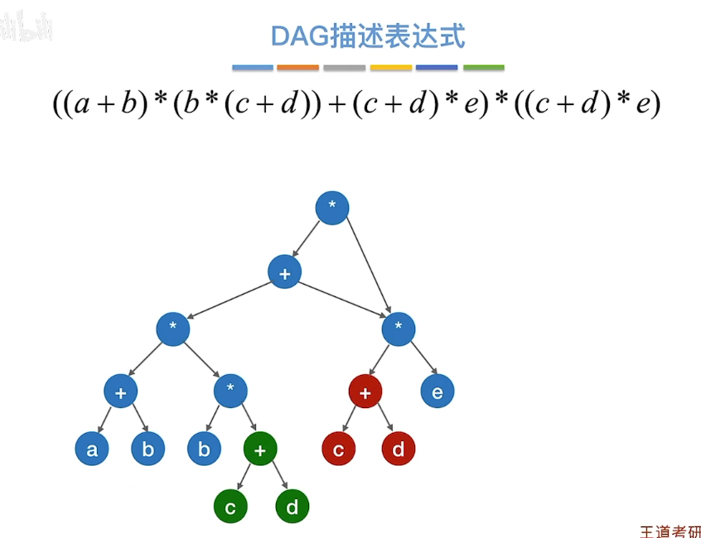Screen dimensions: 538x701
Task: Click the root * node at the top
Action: (331, 207)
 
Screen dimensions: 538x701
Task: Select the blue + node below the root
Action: (284, 272)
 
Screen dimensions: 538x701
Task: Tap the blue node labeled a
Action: (91, 449)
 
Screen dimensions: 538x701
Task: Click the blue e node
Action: (437, 391)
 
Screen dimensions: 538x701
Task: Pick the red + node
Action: (365, 391)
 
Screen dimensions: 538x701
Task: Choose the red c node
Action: (338, 449)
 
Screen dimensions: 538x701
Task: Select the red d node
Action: (398, 449)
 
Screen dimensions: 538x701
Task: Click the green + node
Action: (259, 449)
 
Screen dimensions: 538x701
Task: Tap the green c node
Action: (230, 507)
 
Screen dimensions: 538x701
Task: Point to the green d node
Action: (292, 507)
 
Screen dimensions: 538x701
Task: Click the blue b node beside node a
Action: (147, 449)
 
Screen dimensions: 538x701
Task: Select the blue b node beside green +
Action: (204, 449)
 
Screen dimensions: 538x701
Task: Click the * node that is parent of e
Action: (398, 328)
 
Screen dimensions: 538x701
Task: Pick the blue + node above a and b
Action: (120, 391)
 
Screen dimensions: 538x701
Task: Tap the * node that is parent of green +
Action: (230, 391)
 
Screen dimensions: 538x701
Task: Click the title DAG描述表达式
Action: (368, 36)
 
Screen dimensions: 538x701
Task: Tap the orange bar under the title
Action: (297, 67)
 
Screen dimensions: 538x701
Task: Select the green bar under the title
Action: (483, 67)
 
